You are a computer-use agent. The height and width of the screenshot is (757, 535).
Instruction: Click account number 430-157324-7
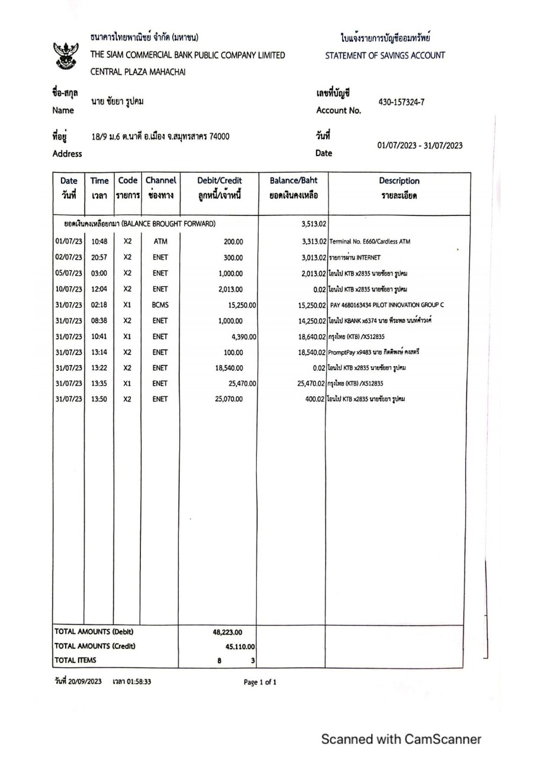point(401,102)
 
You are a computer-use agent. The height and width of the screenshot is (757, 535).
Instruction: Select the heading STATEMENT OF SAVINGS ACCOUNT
point(385,56)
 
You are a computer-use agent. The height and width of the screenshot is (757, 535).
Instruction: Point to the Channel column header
point(160,187)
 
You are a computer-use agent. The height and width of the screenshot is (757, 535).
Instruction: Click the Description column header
point(399,187)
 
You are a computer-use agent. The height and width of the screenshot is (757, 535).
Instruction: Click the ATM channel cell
point(160,241)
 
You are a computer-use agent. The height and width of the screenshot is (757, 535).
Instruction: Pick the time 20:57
point(99,257)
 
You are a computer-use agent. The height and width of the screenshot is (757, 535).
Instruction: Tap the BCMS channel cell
point(160,305)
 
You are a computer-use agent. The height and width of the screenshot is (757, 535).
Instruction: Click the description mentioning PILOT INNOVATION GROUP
point(388,305)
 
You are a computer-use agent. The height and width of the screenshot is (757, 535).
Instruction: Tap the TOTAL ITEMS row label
point(75,659)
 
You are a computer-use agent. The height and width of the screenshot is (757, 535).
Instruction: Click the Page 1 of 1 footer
point(260,682)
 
